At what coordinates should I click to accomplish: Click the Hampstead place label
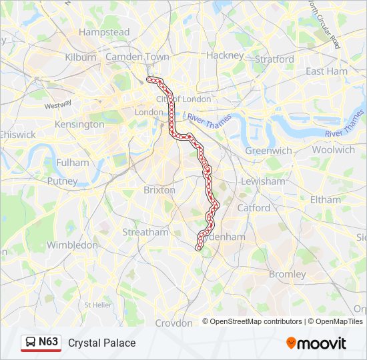[x=104, y=32]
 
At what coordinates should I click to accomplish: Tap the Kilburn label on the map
[x=81, y=57]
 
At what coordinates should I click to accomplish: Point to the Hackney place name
[x=225, y=55]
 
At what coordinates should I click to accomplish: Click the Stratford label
[x=274, y=59]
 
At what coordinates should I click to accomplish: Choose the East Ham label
[x=326, y=71]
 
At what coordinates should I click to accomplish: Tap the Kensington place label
[x=79, y=124]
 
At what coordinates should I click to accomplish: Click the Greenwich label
[x=268, y=151]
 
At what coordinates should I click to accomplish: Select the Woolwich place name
[x=333, y=150]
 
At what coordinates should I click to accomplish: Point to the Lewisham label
[x=263, y=181]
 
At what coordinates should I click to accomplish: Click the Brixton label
[x=159, y=190]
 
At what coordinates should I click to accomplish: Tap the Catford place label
[x=254, y=208]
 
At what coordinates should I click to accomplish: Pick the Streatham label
[x=145, y=233]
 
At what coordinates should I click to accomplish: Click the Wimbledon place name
[x=73, y=245]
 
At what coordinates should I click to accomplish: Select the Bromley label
[x=287, y=274]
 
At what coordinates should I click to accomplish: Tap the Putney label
[x=62, y=181]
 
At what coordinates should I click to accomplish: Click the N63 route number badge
[x=48, y=342]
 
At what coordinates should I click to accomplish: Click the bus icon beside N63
[x=31, y=343]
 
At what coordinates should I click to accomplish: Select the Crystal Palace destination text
[x=101, y=343]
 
